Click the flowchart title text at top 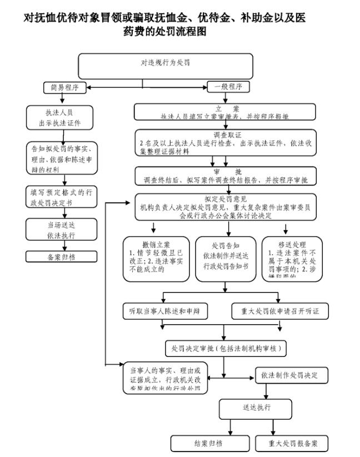tap(164, 24)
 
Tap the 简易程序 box tap(64, 87)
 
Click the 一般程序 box tap(228, 87)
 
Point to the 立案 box tap(224, 111)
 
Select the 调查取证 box tap(224, 142)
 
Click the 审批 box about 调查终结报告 tap(224, 176)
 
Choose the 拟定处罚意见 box tap(224, 206)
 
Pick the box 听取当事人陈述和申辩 tap(165, 311)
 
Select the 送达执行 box tap(256, 408)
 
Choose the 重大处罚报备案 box tap(292, 443)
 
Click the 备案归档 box tap(62, 257)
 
